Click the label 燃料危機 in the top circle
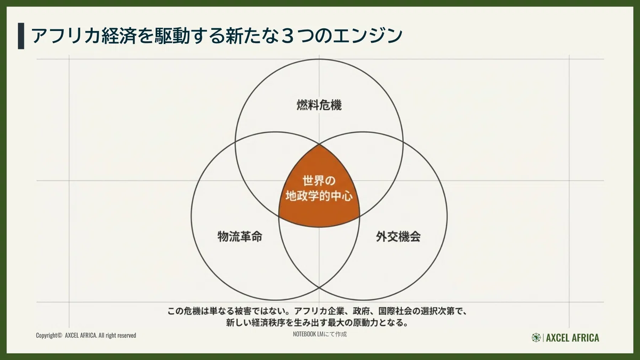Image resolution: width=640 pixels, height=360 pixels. point(319,105)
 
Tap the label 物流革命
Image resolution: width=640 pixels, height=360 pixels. point(240,237)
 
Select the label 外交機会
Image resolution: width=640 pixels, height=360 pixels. point(398,237)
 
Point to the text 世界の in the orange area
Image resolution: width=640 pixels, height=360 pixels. point(319,181)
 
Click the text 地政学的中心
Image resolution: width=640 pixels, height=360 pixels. point(319,196)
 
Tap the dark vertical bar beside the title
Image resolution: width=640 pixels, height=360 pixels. point(21,36)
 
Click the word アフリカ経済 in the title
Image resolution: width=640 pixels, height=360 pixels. point(83,36)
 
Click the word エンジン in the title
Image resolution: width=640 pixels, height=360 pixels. point(368,36)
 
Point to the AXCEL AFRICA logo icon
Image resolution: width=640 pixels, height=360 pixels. point(536,338)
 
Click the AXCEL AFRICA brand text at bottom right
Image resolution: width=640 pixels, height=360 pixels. point(573,338)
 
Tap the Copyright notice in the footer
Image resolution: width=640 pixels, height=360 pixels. point(86,335)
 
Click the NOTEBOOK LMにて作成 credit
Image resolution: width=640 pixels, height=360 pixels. point(319,334)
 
